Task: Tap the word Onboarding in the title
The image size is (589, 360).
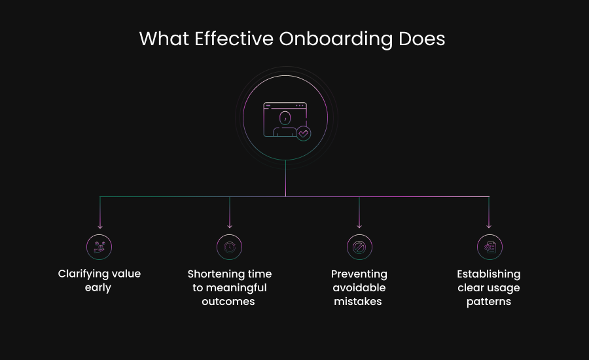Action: (336, 39)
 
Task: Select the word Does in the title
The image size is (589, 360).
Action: (421, 39)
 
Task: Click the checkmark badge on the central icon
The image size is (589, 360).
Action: (303, 133)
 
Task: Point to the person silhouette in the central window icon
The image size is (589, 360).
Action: (285, 123)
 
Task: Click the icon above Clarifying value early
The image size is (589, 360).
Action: (99, 247)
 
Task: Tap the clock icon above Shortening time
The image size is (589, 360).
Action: (229, 247)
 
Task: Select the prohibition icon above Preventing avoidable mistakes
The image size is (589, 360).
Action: (359, 247)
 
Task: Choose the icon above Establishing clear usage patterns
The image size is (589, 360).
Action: (489, 247)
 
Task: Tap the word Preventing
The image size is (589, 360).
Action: (359, 274)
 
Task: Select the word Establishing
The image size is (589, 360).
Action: (489, 274)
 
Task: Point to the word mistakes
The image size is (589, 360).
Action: (358, 302)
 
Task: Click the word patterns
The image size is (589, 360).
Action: (489, 302)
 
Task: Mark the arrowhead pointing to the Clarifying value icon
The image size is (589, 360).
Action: (99, 226)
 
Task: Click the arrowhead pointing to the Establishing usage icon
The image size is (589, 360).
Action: (489, 226)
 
